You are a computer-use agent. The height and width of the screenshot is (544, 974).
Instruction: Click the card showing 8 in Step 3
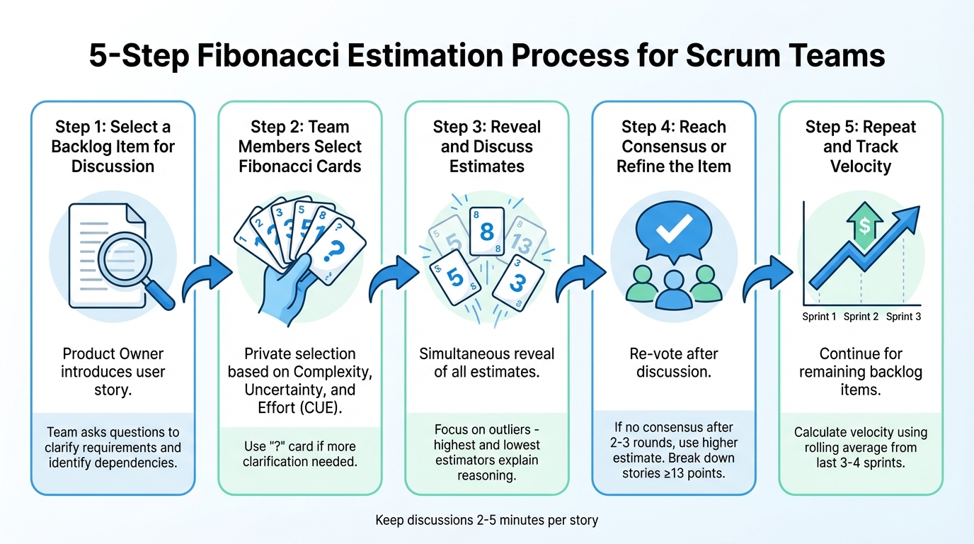[x=486, y=232]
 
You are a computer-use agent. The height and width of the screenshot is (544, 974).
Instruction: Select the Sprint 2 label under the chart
[x=861, y=317]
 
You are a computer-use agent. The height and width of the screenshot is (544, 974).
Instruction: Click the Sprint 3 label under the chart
[x=903, y=317]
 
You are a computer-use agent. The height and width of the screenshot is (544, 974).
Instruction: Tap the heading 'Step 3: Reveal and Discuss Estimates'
[x=486, y=147]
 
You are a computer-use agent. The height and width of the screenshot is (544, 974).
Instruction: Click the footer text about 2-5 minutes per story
[x=487, y=520]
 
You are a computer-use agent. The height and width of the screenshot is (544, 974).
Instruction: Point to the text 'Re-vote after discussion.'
[x=674, y=363]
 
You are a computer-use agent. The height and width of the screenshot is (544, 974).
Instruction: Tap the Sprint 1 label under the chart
[x=819, y=317]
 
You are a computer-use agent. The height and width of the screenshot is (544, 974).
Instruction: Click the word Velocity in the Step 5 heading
[x=860, y=166]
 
